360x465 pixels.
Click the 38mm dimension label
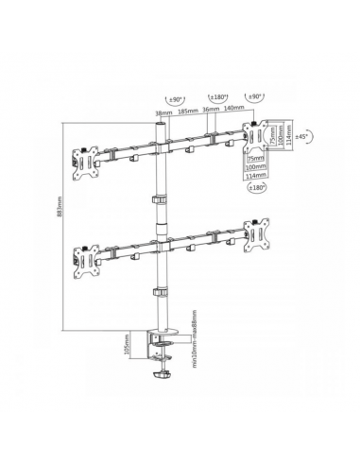[x=162, y=112]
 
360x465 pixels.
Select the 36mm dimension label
[x=212, y=112]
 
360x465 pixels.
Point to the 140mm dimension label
[x=235, y=112]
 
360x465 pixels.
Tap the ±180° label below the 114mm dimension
[x=257, y=188]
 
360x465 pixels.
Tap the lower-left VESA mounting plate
[x=83, y=256]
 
